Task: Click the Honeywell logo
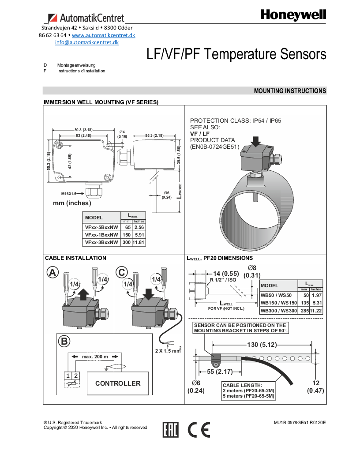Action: point(293,15)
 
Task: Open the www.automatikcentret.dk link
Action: point(103,35)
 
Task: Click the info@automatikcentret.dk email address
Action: point(87,42)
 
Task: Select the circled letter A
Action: point(52,273)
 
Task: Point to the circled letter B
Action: point(64,341)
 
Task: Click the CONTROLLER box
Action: point(118,383)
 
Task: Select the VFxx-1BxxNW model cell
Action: point(101,235)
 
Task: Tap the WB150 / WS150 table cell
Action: point(278,303)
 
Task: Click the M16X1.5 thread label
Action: point(69,193)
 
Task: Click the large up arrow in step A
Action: point(86,292)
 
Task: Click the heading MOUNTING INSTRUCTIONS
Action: point(289,91)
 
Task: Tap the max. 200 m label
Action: point(95,356)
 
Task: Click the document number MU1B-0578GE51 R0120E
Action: point(299,422)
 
